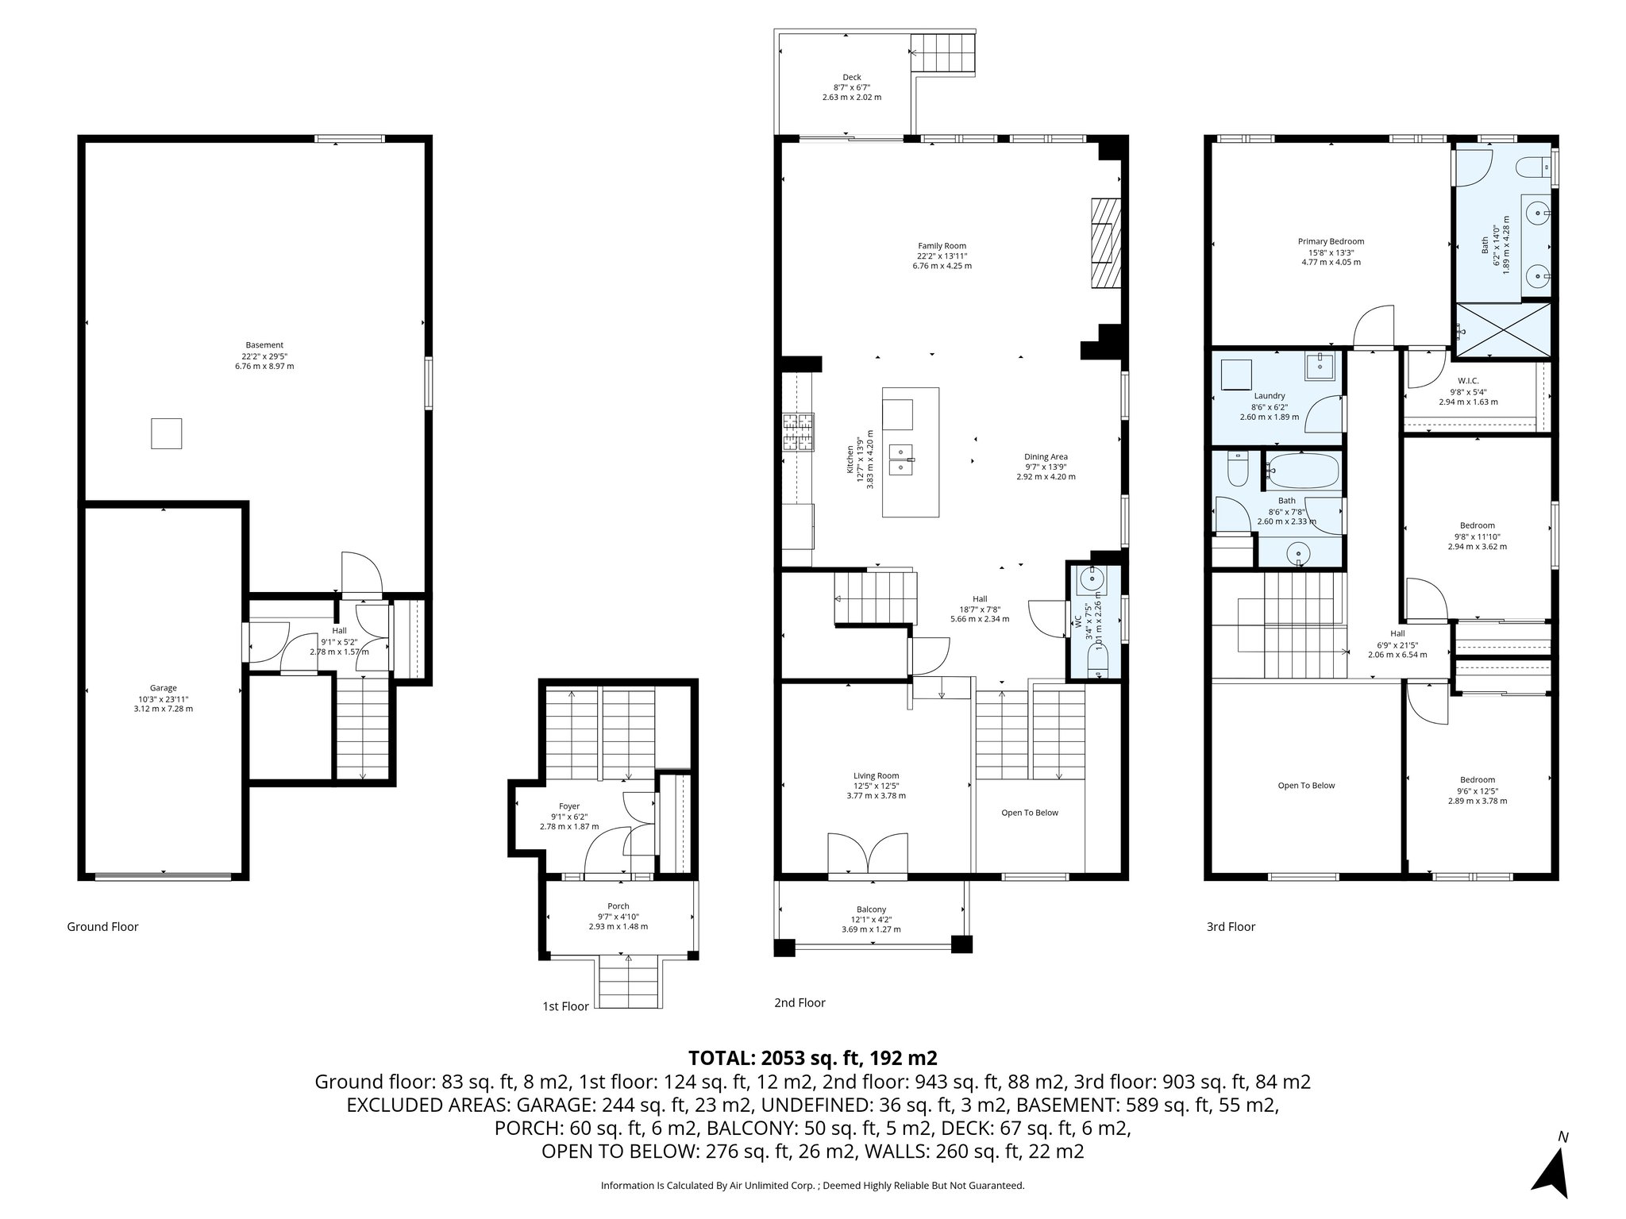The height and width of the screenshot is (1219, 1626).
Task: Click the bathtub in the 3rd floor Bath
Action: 1302,471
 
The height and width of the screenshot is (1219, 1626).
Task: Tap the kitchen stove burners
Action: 798,433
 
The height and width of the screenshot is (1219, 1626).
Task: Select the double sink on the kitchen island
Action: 902,460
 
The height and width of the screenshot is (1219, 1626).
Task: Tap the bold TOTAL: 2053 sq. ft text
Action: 812,1058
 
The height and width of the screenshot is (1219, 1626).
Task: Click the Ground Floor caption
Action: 102,927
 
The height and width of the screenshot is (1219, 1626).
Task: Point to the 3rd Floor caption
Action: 1231,927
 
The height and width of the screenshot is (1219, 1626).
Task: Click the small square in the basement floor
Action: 167,434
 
